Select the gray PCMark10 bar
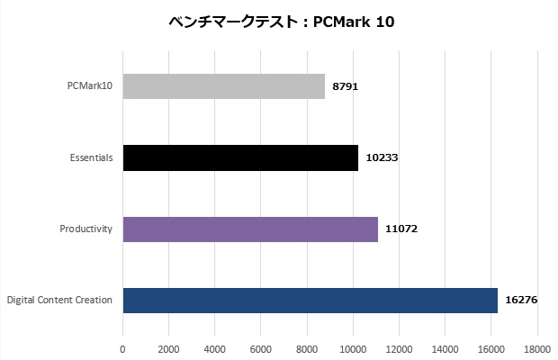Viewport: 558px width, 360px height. pyautogui.click(x=223, y=86)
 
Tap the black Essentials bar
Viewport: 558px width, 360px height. pyautogui.click(x=240, y=157)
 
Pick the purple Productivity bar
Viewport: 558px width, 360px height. pyautogui.click(x=250, y=229)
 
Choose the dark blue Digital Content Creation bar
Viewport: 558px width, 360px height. pyautogui.click(x=310, y=300)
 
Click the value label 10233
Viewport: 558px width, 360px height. pyautogui.click(x=382, y=157)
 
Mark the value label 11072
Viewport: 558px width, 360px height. pyautogui.click(x=400, y=229)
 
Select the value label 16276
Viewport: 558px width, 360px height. pyautogui.click(x=520, y=300)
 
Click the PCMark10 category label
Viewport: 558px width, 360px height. pyautogui.click(x=90, y=86)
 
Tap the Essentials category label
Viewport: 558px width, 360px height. pyautogui.click(x=90, y=157)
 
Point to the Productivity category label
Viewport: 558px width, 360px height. pyautogui.click(x=85, y=229)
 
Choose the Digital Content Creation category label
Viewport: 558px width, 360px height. pyautogui.click(x=59, y=300)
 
